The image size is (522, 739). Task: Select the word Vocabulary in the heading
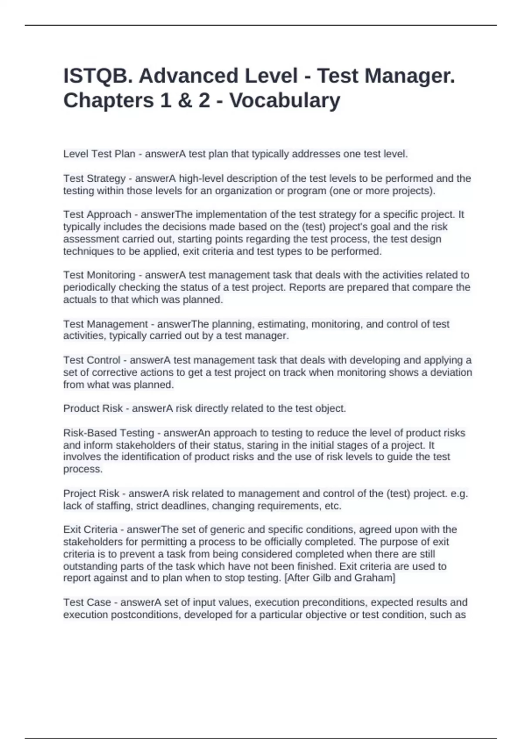(x=285, y=100)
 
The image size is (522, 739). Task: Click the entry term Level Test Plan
(x=99, y=154)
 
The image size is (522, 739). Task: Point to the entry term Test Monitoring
(x=99, y=275)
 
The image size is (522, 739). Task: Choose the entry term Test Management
(x=105, y=324)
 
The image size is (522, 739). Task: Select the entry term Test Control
(x=92, y=360)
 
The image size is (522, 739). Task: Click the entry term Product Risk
(x=93, y=409)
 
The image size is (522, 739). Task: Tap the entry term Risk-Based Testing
(x=109, y=433)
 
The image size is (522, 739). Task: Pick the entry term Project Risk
(x=91, y=494)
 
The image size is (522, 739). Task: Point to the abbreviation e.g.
(x=459, y=494)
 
